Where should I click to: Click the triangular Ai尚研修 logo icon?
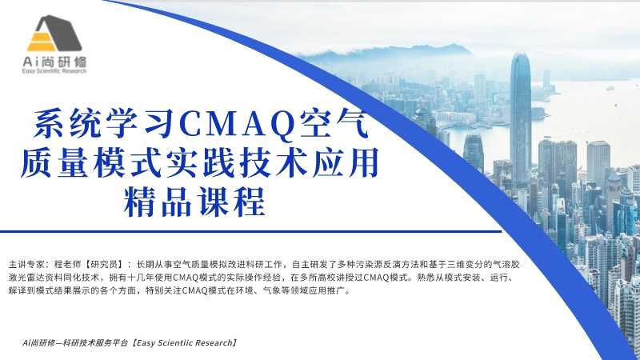coord(54,34)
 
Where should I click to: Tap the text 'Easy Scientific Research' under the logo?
coord(54,71)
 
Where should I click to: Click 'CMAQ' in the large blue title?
coord(238,124)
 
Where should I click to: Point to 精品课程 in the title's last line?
coord(194,202)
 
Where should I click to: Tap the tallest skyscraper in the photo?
coord(521,118)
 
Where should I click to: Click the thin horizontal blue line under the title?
coord(250,231)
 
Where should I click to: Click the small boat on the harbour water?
coord(610,88)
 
